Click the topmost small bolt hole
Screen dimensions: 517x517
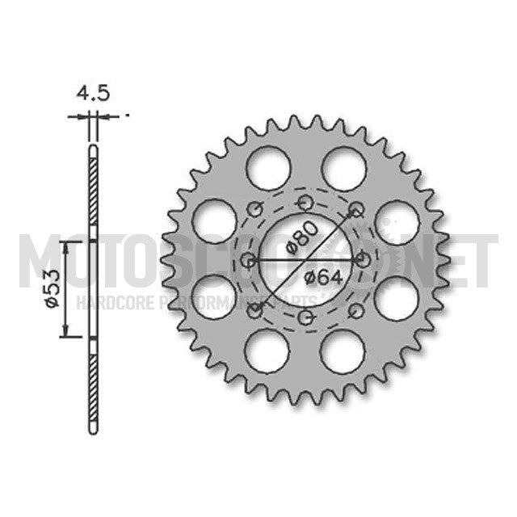305,202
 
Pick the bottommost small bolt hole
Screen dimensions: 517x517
305,317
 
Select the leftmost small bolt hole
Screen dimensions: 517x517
248,260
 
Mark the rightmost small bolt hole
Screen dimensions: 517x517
363,259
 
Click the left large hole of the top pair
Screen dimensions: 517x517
269,169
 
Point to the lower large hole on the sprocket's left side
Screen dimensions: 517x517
214,297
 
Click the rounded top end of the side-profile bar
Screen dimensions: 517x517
93,149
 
